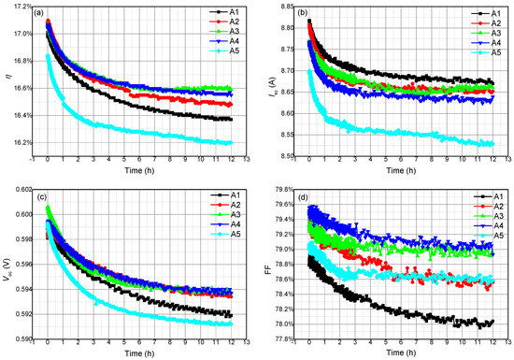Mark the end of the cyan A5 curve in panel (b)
491,144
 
